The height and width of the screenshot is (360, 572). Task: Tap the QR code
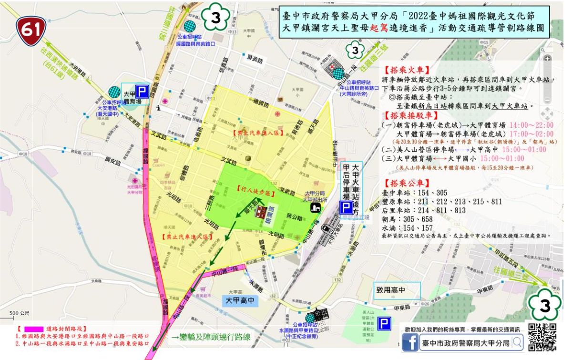click(542, 337)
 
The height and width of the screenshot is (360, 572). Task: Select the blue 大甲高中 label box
click(241, 301)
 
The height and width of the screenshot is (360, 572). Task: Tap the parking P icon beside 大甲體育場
click(142, 91)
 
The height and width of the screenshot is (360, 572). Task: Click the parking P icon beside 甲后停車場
click(346, 206)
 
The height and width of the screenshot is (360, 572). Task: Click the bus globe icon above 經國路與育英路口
click(190, 26)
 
